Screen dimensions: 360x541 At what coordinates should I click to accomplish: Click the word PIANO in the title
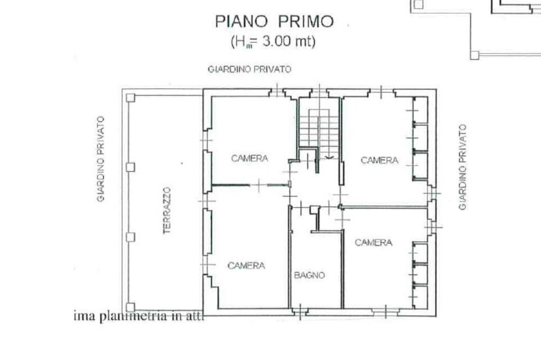click(236, 22)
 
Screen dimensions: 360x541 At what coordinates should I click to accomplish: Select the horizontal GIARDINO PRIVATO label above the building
click(249, 70)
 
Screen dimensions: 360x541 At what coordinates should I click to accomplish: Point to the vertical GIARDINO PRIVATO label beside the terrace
click(100, 159)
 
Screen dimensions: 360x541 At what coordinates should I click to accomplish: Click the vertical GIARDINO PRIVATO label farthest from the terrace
click(463, 167)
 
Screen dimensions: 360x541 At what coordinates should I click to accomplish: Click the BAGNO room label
click(309, 275)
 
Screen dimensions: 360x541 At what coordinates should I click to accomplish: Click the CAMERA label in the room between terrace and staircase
click(249, 158)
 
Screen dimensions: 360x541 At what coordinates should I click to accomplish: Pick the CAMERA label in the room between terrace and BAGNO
click(246, 266)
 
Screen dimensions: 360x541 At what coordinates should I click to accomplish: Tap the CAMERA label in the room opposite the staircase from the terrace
click(379, 160)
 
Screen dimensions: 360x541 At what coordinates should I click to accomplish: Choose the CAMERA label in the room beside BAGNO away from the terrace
click(373, 243)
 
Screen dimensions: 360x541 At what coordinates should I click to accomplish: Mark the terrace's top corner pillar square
click(130, 98)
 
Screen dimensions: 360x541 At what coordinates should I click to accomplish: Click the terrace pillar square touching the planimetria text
click(130, 307)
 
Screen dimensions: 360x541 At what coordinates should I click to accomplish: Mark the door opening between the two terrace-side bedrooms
click(258, 185)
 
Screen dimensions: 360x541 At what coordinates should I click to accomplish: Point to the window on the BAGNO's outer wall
click(300, 312)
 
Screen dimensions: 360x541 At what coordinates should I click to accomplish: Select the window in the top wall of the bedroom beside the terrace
click(276, 92)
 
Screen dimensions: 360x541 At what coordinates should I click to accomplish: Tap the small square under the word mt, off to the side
click(474, 55)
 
